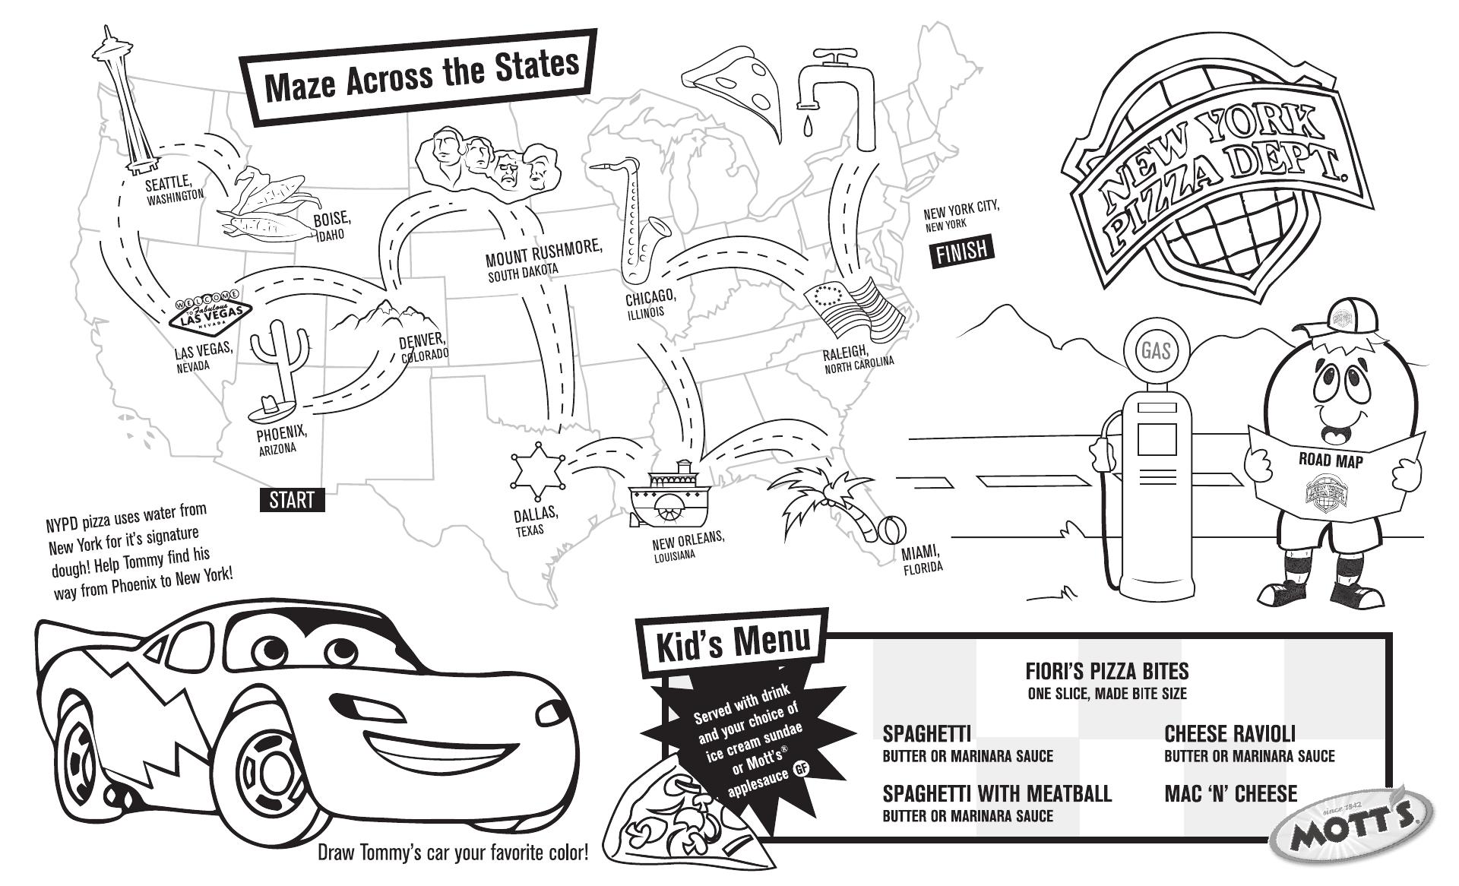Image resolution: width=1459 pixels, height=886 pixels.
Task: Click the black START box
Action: coord(292,500)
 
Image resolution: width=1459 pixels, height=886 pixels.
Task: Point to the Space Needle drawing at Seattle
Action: coord(125,99)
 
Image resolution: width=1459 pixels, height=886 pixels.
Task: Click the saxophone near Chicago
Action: coord(638,220)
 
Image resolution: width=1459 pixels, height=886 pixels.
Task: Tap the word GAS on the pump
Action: coord(1156,350)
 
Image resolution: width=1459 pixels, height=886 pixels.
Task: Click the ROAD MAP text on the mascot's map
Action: coord(1331,460)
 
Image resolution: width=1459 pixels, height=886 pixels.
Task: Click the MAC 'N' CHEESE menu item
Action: coord(1230,794)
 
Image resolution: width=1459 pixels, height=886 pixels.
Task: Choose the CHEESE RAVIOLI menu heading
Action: coord(1230,734)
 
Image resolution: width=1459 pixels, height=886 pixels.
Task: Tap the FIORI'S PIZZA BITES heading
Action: coord(1106,671)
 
